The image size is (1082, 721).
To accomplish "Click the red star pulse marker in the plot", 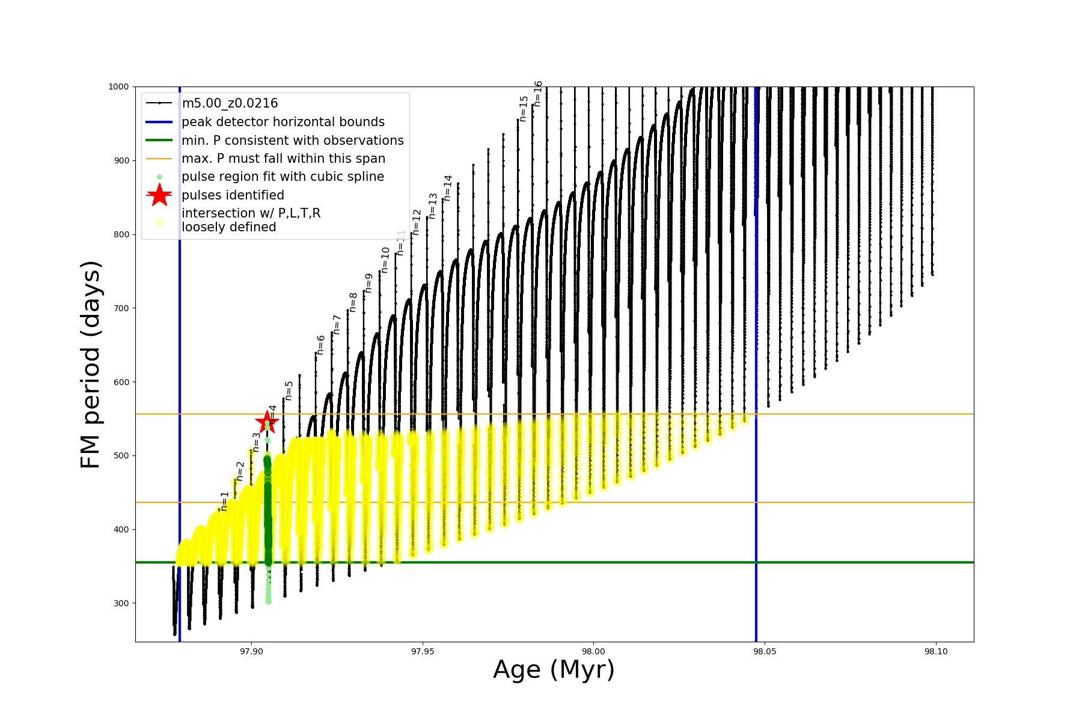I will (267, 421).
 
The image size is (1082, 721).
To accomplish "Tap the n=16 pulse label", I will (538, 94).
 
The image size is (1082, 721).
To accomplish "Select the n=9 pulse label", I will (369, 283).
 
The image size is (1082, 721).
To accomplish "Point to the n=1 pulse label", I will (224, 501).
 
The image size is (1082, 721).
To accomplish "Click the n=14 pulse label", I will (447, 188).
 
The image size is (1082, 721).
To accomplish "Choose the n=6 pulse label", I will (321, 345).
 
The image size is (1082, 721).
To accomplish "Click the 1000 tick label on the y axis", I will (118, 87).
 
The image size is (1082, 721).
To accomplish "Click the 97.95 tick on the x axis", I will (423, 651).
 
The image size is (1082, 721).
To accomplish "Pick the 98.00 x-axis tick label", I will (594, 651).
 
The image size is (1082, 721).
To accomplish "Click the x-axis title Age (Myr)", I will (554, 670).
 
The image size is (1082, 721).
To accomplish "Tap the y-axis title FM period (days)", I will (90, 365).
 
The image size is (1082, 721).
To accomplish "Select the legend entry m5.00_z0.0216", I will (230, 103).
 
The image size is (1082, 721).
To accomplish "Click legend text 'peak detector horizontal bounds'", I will (283, 122).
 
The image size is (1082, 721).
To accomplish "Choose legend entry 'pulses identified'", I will (233, 195).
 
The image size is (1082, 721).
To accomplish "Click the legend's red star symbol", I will (159, 195).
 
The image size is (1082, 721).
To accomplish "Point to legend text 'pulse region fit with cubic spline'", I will (283, 177).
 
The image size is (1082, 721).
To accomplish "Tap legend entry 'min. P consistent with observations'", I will (293, 141).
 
